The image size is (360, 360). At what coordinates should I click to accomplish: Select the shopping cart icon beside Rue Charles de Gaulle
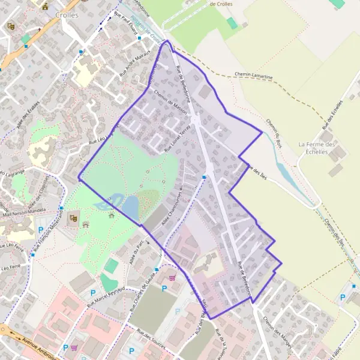173,277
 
